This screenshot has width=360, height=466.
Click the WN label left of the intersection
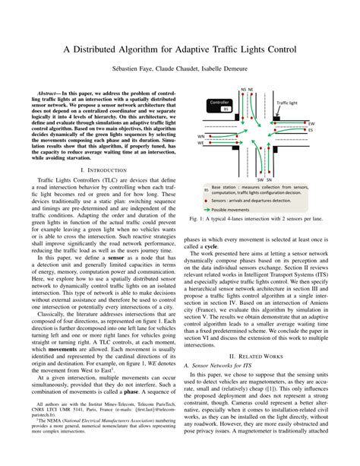tap(201, 137)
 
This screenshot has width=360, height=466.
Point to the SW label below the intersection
tap(259, 180)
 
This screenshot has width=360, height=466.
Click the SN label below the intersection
tap(269, 180)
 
